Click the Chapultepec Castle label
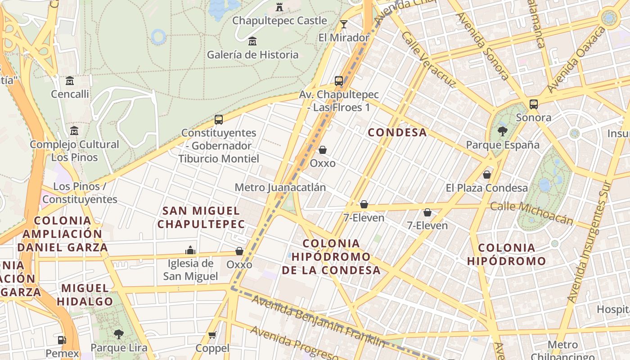click(x=279, y=21)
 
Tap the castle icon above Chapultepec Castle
click(x=279, y=7)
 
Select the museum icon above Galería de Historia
click(x=252, y=41)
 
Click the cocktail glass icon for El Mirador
click(x=344, y=24)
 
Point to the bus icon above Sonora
click(x=534, y=104)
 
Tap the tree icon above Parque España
click(x=503, y=131)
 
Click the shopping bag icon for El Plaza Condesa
click(x=486, y=175)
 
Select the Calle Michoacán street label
click(x=531, y=213)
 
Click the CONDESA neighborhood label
click(x=397, y=132)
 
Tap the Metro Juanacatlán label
click(x=280, y=187)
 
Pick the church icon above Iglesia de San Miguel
click(x=190, y=250)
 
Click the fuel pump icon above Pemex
click(x=62, y=340)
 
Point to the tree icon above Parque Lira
click(x=119, y=334)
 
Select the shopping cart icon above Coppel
click(x=212, y=335)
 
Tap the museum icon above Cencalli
click(x=70, y=81)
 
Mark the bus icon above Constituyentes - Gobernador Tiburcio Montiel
click(x=219, y=120)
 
